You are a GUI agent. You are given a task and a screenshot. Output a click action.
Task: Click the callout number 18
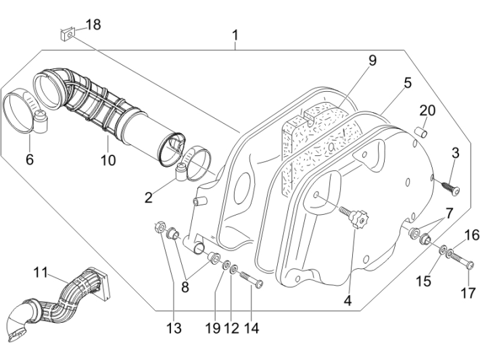point(93,25)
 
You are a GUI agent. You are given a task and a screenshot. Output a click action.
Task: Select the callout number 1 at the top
point(235,34)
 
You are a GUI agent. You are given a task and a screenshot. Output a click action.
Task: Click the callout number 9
point(371,61)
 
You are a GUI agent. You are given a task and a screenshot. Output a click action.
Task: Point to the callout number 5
point(407,83)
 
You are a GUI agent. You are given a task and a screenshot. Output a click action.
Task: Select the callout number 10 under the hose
point(108,160)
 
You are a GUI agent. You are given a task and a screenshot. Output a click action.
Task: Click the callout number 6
point(30,160)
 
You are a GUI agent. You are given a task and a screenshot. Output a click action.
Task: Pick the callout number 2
point(149,198)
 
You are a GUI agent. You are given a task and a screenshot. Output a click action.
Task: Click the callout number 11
point(41,272)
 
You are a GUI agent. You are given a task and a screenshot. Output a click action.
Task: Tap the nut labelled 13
point(160,226)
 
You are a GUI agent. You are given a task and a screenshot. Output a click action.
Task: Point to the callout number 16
point(471,235)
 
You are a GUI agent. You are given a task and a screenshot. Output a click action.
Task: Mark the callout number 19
point(213,329)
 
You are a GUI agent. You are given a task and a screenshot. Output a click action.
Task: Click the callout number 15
point(423,280)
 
